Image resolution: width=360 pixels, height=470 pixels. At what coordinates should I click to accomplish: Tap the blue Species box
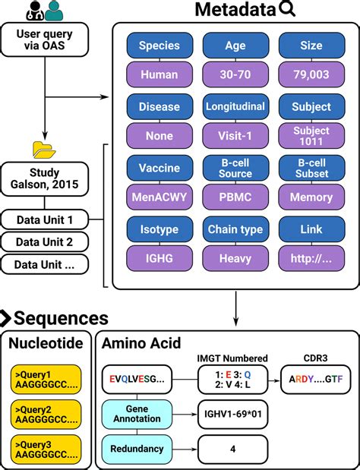159,46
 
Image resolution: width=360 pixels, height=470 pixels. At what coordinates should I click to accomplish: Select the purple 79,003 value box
311,74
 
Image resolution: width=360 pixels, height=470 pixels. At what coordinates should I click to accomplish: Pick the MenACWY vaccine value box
159,197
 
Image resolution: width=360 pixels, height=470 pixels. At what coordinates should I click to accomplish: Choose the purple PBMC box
235,197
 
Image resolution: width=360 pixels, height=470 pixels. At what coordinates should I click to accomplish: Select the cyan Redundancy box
137,449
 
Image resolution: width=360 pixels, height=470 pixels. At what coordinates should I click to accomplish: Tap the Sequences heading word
61,318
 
